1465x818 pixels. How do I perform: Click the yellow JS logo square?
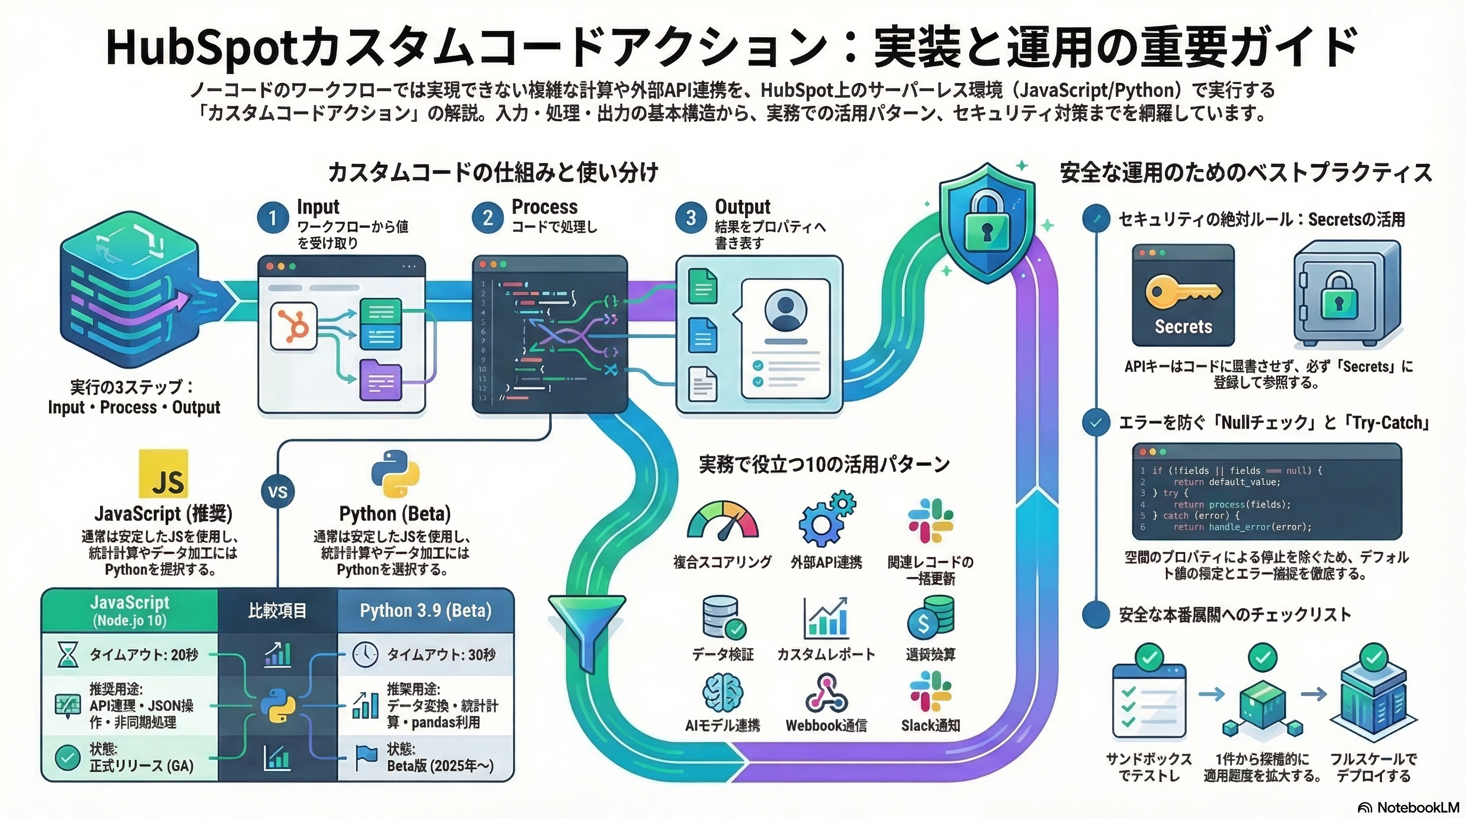(163, 473)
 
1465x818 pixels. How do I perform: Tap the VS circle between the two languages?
(277, 492)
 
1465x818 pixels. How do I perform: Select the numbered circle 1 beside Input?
(273, 218)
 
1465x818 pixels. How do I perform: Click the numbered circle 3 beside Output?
(690, 218)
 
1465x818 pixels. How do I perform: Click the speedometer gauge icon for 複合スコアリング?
(722, 520)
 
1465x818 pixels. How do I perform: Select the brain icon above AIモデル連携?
(722, 692)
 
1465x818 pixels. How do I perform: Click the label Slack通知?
(931, 725)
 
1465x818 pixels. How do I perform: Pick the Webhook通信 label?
(826, 725)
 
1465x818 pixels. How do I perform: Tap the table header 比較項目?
(277, 610)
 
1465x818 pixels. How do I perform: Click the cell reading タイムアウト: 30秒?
(441, 655)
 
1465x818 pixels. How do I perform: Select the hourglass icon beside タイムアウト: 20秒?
(68, 655)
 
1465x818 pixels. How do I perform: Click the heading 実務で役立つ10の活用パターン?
(824, 465)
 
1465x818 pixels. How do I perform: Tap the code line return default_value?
(1227, 482)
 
